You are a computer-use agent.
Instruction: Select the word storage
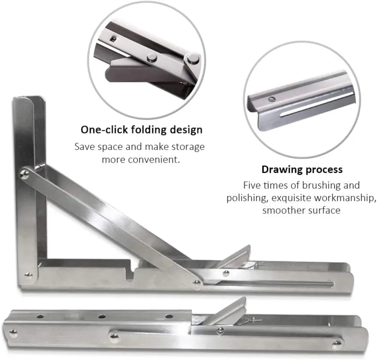tap(187, 146)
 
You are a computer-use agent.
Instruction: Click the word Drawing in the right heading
tap(280, 169)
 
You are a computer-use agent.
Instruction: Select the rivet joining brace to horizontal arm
tap(196, 282)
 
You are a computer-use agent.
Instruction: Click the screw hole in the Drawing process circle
tap(272, 98)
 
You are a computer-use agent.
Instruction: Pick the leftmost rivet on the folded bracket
tap(14, 330)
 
